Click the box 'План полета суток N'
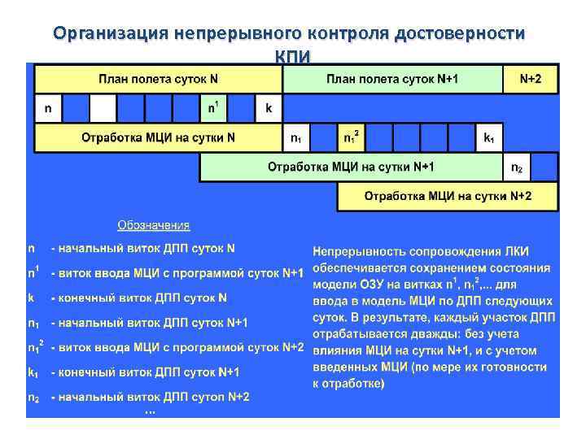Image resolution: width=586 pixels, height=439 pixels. point(159,79)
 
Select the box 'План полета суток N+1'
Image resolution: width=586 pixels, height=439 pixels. point(391,79)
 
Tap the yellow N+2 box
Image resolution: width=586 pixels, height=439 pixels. point(529,79)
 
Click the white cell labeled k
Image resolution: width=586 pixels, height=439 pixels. point(268,108)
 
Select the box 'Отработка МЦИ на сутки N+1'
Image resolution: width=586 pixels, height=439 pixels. point(351,167)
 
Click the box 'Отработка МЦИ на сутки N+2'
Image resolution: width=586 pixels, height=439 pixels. point(448,197)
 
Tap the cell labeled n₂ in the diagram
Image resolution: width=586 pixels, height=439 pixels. point(516,167)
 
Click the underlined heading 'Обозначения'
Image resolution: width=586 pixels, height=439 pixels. point(154,225)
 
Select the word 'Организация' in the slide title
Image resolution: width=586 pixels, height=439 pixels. point(109,33)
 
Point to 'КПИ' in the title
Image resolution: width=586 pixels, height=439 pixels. point(292,54)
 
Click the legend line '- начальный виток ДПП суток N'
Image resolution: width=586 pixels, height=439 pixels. point(143,248)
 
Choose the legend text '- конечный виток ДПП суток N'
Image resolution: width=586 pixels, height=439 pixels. point(139,298)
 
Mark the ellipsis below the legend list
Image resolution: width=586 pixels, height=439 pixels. point(150,412)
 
